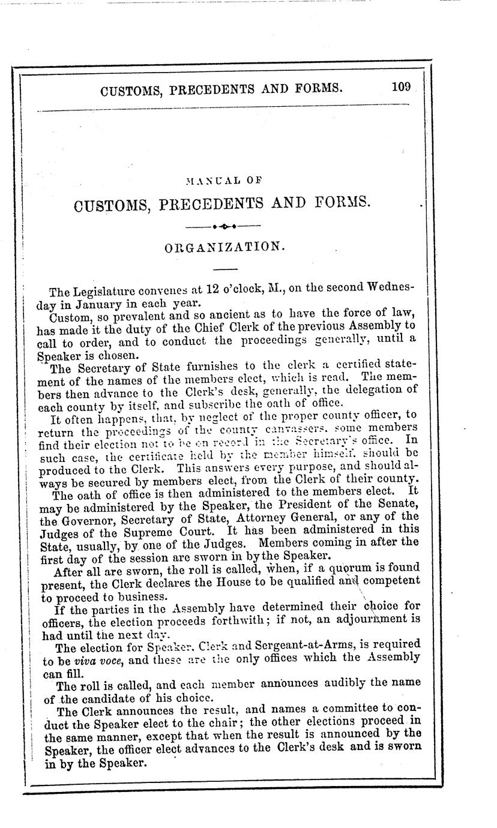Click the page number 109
tap(401, 88)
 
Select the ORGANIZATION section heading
tap(222, 247)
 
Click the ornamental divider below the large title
tap(223, 227)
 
